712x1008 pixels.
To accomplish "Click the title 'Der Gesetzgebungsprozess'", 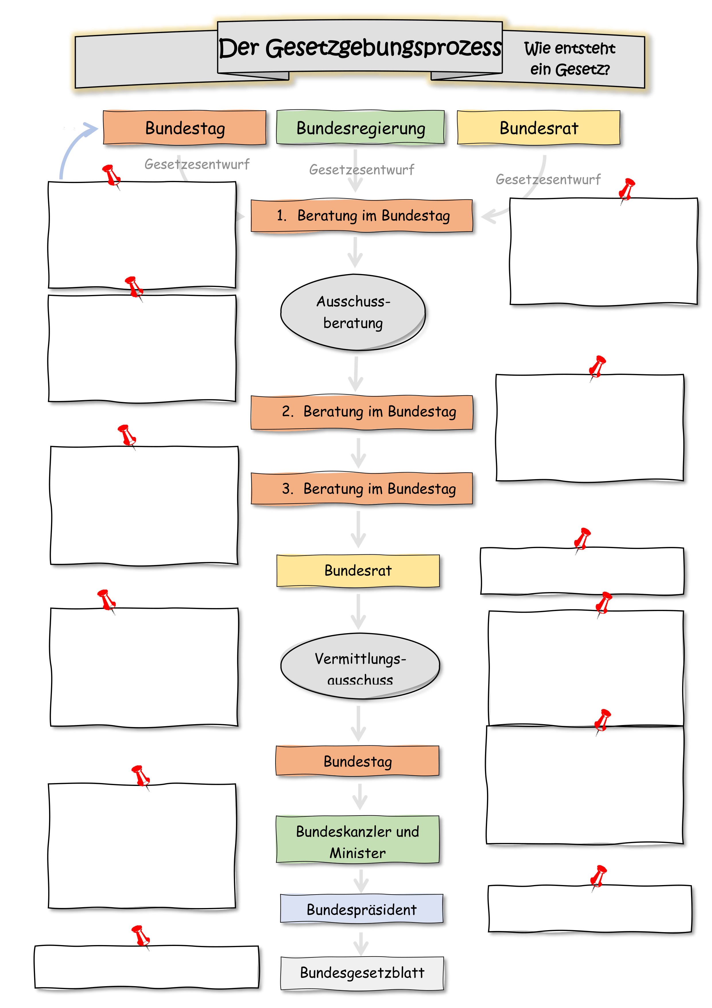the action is pos(360,47).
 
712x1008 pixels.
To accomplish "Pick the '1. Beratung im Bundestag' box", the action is pos(362,215).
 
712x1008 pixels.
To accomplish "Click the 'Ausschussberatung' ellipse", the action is pos(353,312).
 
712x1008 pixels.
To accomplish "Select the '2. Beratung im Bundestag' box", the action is pos(362,412).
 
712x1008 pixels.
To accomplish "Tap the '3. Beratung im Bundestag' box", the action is pos(362,489).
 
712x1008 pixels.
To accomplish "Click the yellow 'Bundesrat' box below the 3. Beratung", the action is pos(358,570).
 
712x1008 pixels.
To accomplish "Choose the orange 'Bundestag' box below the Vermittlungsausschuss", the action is pos(358,761).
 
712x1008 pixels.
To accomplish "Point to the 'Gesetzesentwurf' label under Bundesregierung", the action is pos(362,169).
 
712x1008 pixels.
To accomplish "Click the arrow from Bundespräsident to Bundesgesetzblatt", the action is pos(361,943).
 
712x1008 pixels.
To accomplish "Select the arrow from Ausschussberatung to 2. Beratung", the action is pos(356,374).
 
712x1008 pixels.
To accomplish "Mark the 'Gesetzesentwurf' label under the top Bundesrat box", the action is pos(548,179).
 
